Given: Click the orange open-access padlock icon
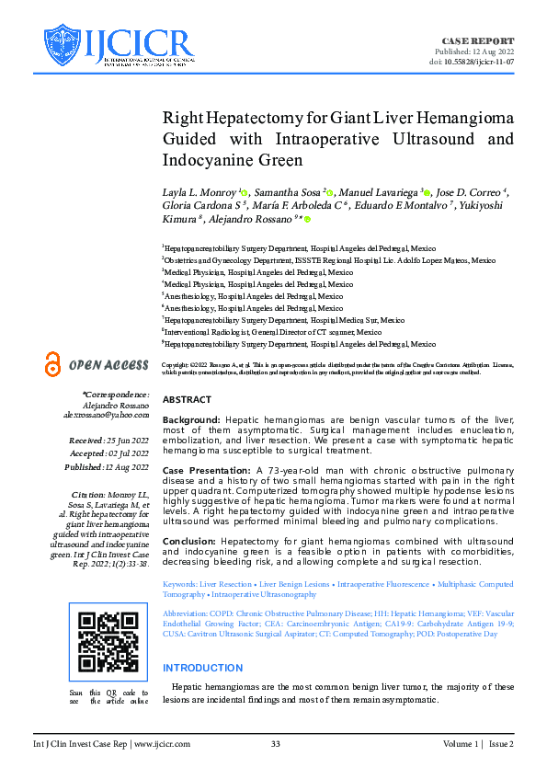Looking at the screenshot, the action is coord(53,364).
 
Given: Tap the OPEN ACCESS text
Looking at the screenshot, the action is coord(108,365).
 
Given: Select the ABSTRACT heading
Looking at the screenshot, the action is coord(187,400).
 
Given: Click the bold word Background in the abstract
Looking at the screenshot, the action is coord(191,419).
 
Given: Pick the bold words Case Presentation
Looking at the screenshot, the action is coord(207,470).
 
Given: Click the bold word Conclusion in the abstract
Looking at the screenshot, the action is coord(191,541).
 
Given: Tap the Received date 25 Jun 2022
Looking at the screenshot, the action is coord(126,441).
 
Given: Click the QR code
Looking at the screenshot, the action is coord(108,642).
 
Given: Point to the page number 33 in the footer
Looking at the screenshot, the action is coord(275,743).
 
